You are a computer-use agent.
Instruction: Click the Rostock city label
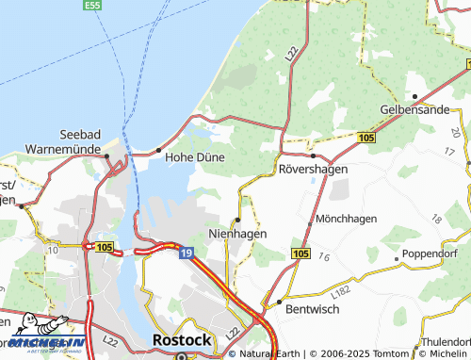click(x=181, y=339)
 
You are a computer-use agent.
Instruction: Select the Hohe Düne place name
click(x=194, y=157)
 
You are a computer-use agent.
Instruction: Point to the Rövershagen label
click(x=314, y=169)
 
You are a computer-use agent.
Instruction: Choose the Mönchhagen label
click(x=347, y=219)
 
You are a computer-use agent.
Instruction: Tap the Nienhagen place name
click(x=236, y=233)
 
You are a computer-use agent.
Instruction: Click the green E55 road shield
click(x=91, y=6)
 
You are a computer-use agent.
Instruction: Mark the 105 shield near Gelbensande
click(x=367, y=138)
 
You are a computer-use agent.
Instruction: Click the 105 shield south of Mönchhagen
click(x=300, y=254)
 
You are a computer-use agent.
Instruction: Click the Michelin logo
click(x=43, y=343)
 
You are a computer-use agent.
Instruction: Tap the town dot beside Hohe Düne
click(x=158, y=150)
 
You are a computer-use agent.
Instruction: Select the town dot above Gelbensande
click(x=414, y=95)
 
